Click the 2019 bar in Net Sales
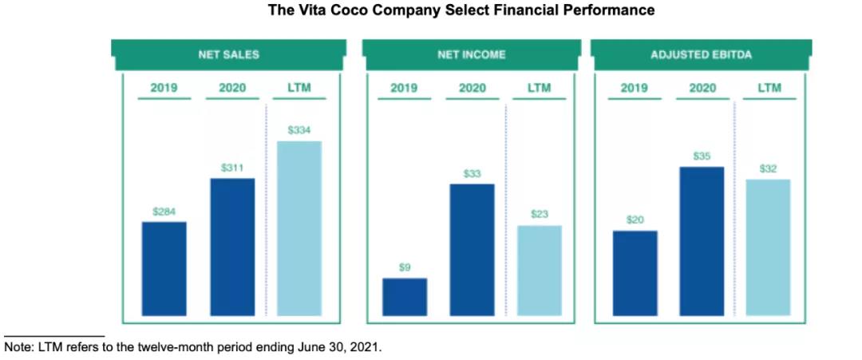(164, 267)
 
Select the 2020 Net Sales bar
(232, 246)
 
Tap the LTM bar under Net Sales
(299, 227)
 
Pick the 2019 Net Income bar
(405, 296)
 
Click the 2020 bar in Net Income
(472, 249)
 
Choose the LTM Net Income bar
(540, 270)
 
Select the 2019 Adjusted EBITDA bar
(635, 272)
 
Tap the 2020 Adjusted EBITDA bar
(702, 240)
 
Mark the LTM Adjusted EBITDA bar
(769, 247)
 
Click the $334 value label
(299, 130)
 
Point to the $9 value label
(405, 267)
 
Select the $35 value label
(702, 156)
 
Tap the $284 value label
(164, 212)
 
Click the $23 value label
(540, 214)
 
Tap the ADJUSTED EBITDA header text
(702, 55)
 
